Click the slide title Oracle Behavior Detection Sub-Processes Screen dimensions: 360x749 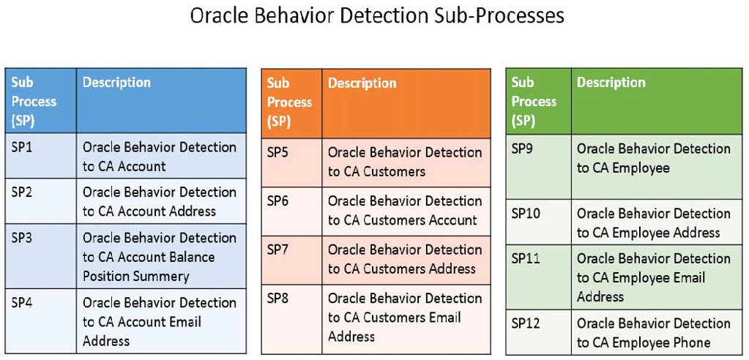tap(377, 16)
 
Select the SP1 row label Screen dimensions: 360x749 tap(22, 147)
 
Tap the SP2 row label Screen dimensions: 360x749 tap(22, 192)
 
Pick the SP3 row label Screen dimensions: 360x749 tap(22, 238)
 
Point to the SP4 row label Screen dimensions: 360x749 tap(22, 302)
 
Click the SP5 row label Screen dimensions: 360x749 tap(277, 152)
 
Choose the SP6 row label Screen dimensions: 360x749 tap(277, 201)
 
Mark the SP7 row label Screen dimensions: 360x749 tap(277, 250)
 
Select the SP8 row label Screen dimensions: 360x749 tap(277, 298)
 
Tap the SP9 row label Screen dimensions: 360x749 tap(522, 149)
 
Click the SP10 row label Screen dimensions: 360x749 tap(525, 214)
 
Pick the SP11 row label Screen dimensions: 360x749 tap(525, 258)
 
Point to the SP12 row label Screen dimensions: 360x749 tap(525, 323)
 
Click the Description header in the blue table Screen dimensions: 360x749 tap(116, 83)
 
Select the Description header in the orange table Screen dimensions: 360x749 tap(362, 83)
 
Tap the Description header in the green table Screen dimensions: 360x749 tap(611, 83)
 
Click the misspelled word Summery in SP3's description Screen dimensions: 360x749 tap(161, 277)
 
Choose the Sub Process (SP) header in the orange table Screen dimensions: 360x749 tap(289, 102)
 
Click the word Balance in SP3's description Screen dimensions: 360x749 tap(190, 258)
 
